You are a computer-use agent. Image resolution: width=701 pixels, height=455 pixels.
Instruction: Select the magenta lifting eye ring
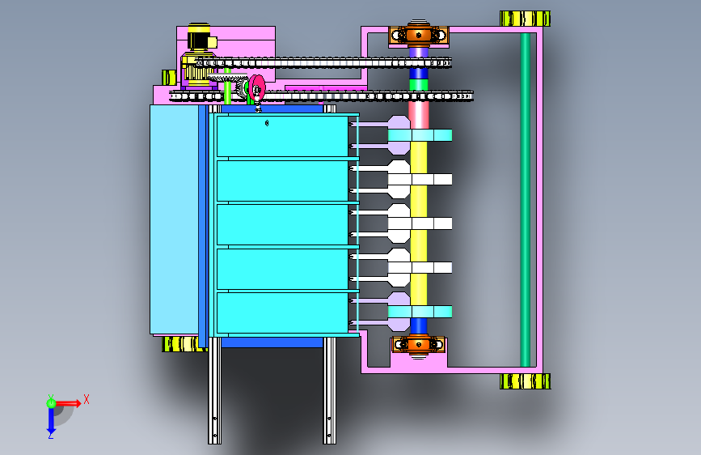coord(257,87)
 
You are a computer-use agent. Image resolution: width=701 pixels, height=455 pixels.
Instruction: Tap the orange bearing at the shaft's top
coord(418,35)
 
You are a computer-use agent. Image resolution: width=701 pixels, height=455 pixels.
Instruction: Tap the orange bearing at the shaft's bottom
coord(418,344)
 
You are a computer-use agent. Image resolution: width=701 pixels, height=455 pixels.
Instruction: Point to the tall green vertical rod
coord(526,198)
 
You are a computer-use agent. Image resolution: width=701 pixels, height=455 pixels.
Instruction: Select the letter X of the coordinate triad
coord(87,398)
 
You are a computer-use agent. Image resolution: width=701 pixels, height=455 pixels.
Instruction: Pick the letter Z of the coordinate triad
coord(50,436)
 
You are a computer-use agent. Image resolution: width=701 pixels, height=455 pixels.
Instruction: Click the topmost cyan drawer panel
coord(283,136)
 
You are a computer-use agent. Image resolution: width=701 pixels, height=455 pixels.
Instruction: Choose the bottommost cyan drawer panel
coord(283,313)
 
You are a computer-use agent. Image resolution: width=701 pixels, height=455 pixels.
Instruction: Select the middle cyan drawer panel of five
coord(283,224)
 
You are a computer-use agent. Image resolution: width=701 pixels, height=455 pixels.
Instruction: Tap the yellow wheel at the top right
coord(525,18)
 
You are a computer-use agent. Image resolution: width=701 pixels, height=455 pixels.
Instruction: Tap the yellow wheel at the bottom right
coord(525,381)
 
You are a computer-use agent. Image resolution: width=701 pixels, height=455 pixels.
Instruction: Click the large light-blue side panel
coord(173,219)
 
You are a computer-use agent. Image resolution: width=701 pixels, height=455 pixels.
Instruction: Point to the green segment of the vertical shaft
coord(418,84)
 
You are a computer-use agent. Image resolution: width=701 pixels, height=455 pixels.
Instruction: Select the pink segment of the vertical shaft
coord(418,113)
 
